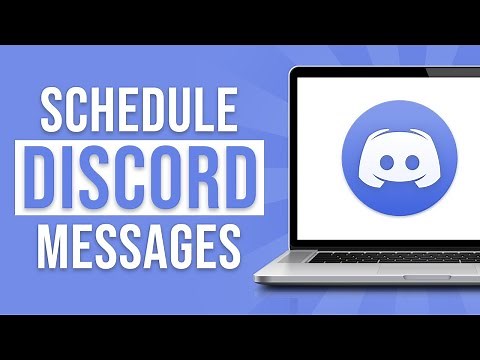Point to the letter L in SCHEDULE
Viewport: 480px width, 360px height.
(x=210, y=109)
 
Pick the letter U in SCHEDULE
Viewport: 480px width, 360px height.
(x=183, y=109)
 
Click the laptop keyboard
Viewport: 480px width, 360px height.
(x=390, y=257)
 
